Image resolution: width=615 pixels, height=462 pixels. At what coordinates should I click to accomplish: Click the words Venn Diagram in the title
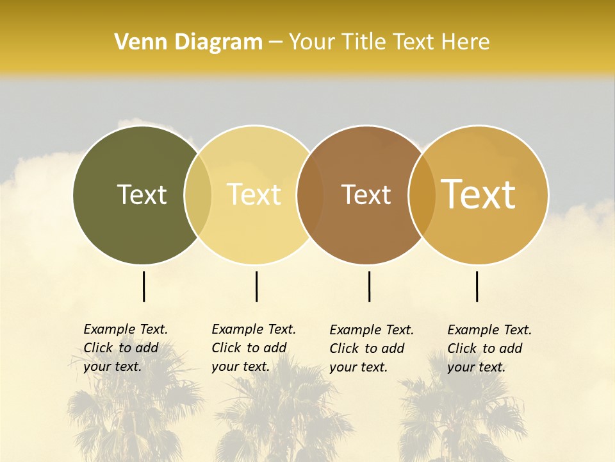pos(188,42)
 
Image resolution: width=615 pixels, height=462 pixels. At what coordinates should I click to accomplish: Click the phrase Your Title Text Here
pos(389,42)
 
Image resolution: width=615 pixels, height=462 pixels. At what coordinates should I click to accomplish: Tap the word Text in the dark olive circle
pos(142,194)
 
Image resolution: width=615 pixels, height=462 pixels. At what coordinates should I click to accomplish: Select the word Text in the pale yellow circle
pos(254,194)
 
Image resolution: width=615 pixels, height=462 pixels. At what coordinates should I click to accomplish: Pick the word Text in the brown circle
pos(366,194)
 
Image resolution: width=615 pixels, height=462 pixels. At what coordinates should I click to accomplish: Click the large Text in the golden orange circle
pos(479,194)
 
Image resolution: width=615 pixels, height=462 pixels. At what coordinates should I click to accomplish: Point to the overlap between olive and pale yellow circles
pos(198,195)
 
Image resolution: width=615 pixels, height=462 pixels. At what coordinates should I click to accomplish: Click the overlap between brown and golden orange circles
pos(422,195)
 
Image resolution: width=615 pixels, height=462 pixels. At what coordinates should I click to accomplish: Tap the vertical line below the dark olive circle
pos(144,286)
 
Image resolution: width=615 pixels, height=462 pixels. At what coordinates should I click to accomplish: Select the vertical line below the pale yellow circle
pos(256,286)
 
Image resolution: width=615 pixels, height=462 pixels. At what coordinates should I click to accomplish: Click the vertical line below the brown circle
pos(369,286)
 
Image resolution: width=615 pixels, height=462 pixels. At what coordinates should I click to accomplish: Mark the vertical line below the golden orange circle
pos(477,286)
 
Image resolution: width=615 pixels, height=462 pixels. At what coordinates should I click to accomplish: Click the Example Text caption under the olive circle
pos(126,348)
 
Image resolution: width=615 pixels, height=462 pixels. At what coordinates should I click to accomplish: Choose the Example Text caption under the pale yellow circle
pos(254,348)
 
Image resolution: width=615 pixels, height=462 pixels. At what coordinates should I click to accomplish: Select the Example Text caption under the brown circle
pos(372,348)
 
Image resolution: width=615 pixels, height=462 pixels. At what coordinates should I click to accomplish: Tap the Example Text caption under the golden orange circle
pos(489,348)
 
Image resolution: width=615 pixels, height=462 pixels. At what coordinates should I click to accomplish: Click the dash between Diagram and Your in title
pos(275,42)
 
